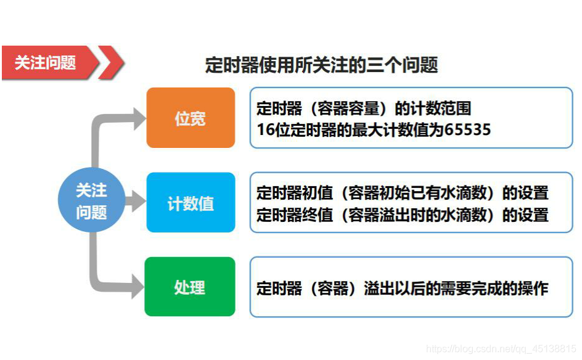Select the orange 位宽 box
click(191, 118)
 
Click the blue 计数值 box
click(191, 203)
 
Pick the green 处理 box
click(190, 287)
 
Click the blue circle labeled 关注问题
click(91, 202)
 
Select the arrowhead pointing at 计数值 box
click(136, 202)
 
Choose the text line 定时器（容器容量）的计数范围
click(364, 109)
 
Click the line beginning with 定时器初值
click(402, 193)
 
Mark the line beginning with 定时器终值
click(402, 215)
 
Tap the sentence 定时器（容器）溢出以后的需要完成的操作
click(402, 288)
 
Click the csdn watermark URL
click(501, 350)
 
